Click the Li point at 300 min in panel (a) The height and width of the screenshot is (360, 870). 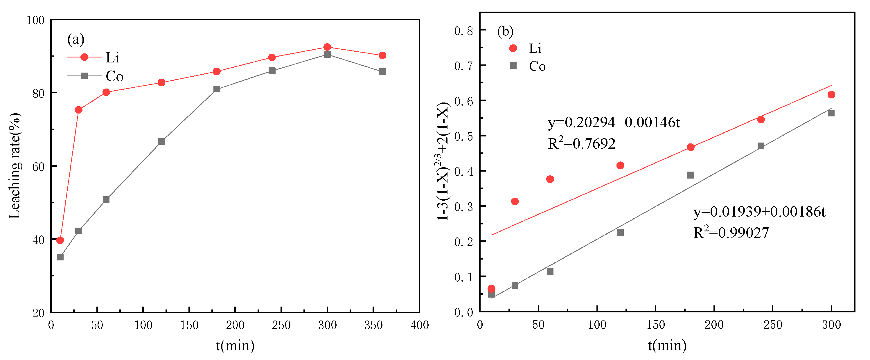coord(327,47)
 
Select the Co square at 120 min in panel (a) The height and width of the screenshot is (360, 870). coord(161,141)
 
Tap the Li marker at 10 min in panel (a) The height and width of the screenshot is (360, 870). coord(60,240)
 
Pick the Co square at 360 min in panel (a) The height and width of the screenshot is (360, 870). coord(382,72)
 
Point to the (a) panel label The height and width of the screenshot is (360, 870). coord(76,39)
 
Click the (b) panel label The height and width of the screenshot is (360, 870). coord(505,31)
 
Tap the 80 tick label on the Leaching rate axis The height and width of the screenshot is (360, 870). coord(38,93)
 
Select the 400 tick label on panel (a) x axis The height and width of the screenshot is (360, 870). coord(419,325)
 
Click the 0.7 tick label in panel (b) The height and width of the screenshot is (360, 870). coord(463,66)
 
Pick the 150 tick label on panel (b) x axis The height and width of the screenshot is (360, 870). coord(655,325)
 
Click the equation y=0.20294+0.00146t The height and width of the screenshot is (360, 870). coord(614,122)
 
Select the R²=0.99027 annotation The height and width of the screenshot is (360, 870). coord(731,233)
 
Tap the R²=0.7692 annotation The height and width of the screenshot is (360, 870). coord(582,143)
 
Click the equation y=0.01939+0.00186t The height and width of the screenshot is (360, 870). coord(759,212)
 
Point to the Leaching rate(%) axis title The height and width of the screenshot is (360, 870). coord(15,166)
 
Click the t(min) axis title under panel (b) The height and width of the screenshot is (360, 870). coord(667,345)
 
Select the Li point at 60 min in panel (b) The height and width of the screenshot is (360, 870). coord(550,179)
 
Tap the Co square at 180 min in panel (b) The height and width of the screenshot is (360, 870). coord(691,175)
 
